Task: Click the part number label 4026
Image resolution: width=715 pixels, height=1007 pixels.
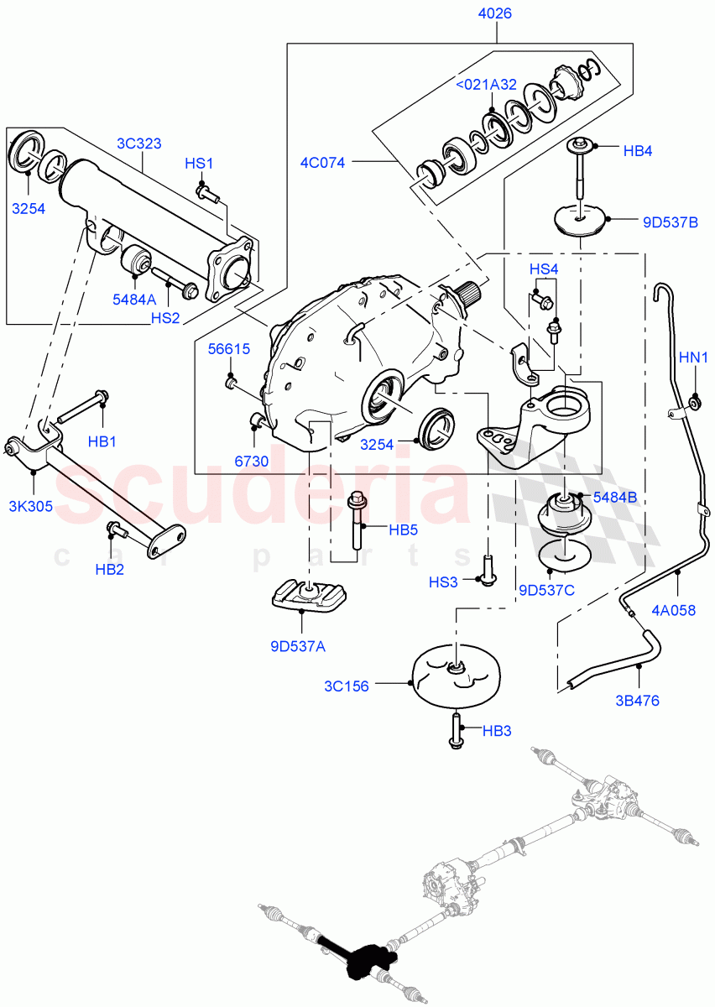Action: pos(494,14)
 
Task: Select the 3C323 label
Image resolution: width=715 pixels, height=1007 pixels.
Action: pos(141,143)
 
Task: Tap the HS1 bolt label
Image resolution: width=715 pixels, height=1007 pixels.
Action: pos(200,164)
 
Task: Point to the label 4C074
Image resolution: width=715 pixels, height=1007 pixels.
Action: pos(323,162)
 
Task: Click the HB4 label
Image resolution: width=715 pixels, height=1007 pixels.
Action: pos(638,152)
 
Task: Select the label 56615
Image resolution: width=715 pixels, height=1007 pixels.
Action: pos(229,350)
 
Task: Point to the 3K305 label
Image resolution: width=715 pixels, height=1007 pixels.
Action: pos(29,506)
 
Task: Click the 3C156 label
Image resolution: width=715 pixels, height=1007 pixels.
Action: pos(347,685)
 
